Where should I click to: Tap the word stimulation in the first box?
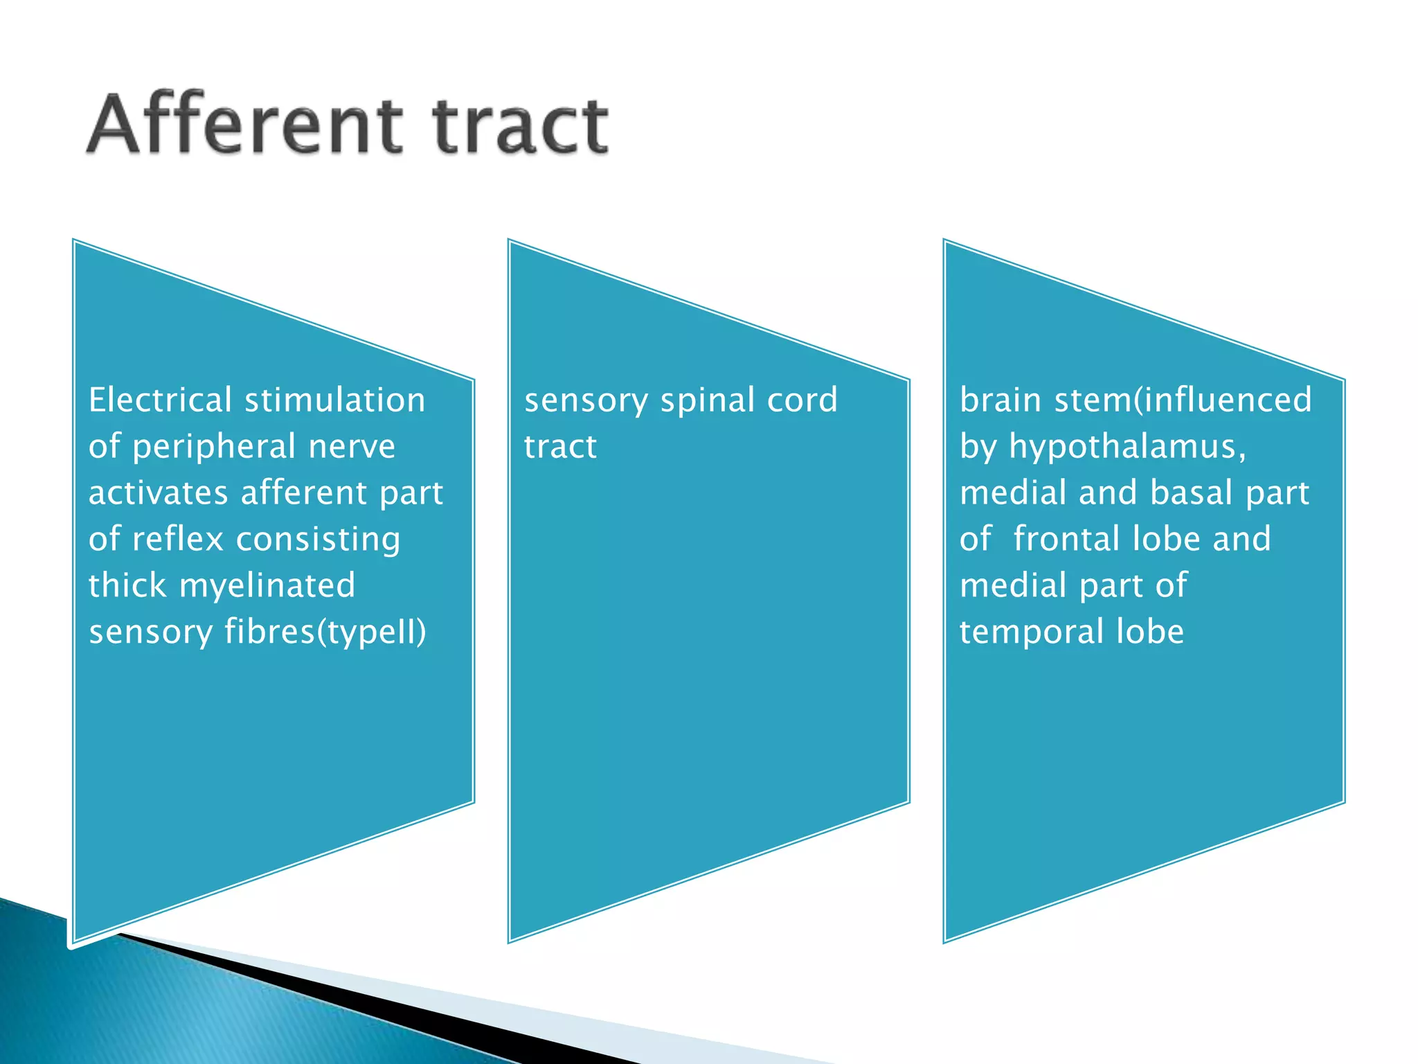pos(335,400)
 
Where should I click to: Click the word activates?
pos(158,493)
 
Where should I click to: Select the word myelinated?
pos(267,586)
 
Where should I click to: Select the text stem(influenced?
pos(1183,400)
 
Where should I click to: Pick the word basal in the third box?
pos(1191,493)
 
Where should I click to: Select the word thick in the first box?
pos(127,586)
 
